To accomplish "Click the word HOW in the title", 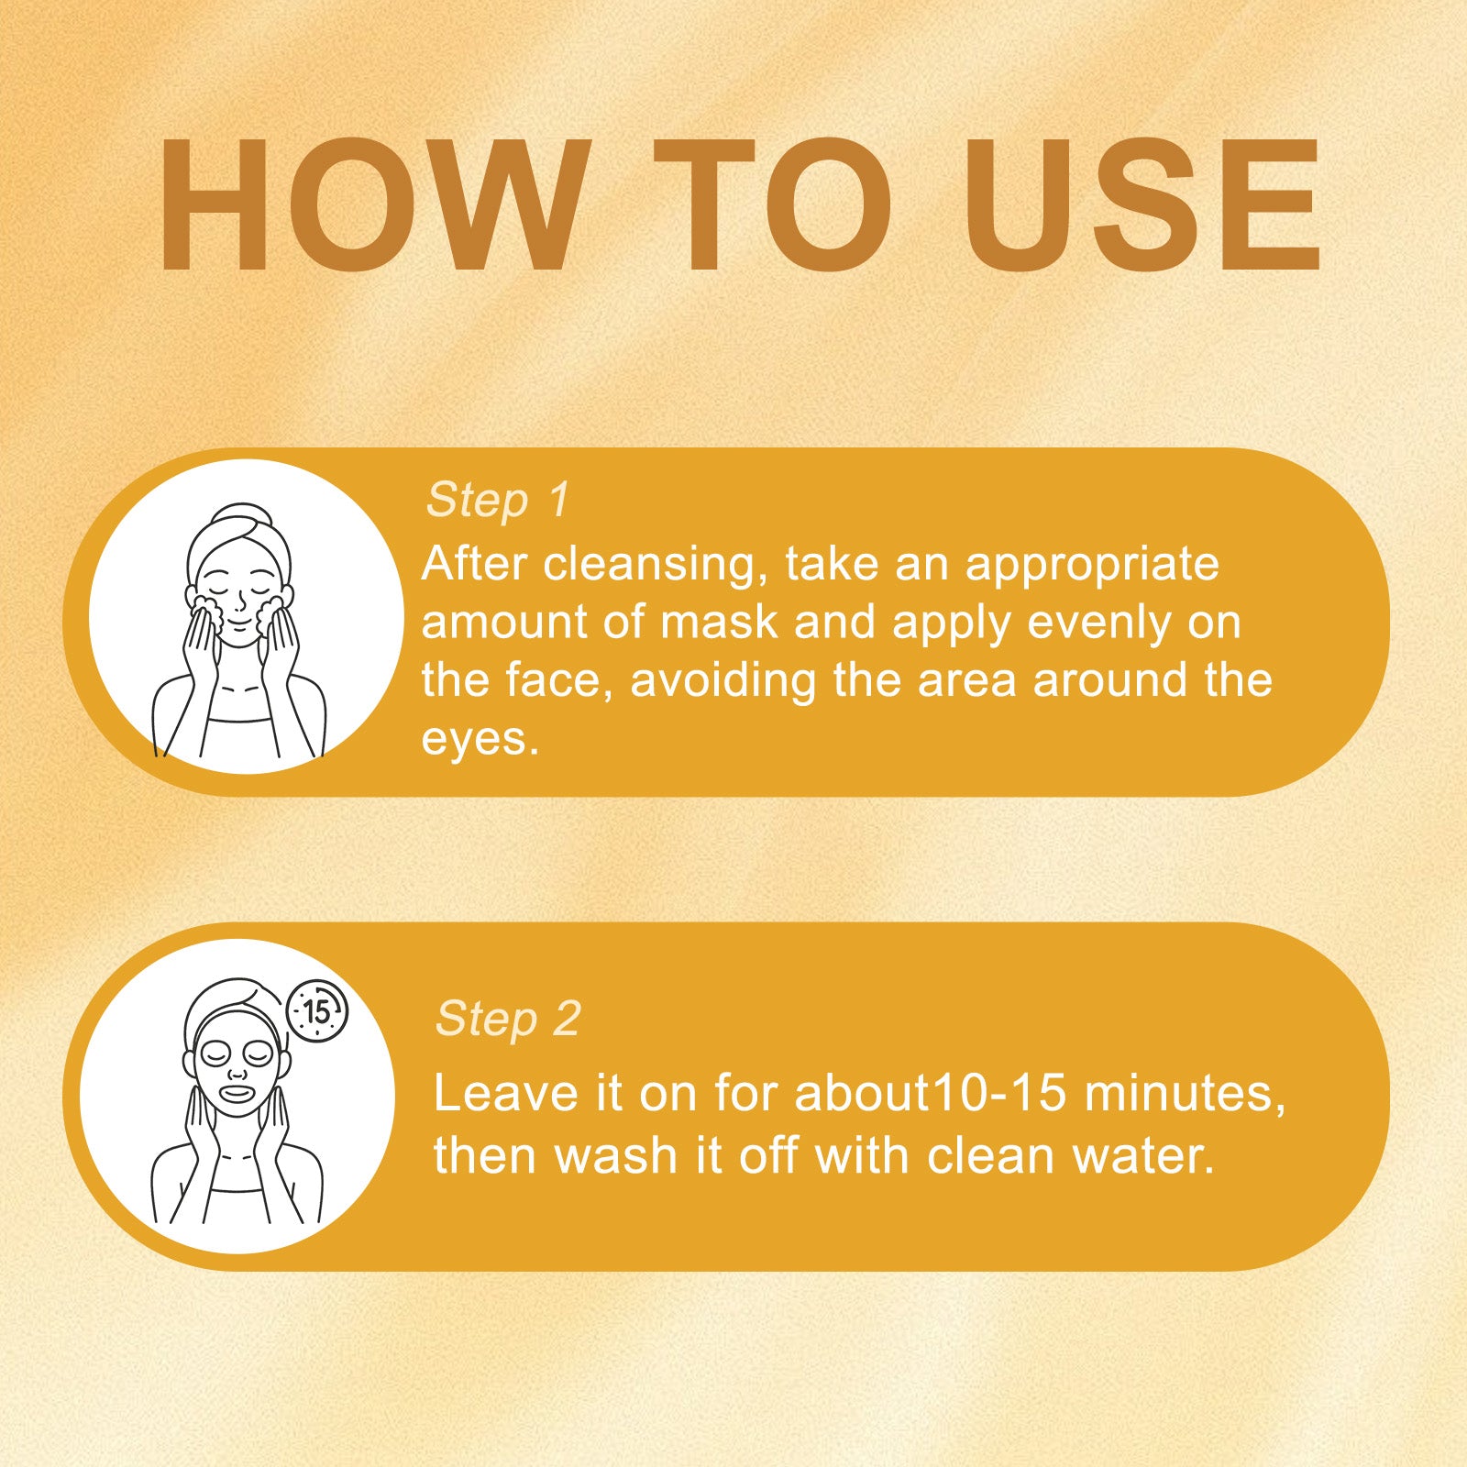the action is point(373,205).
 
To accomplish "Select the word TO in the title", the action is point(772,205).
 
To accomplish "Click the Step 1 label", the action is point(498,501).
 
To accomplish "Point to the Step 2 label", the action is point(508,1019).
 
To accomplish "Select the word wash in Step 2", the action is point(616,1155).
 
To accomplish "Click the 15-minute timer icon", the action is point(317,1010).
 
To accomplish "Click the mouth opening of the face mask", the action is point(237,1092).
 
